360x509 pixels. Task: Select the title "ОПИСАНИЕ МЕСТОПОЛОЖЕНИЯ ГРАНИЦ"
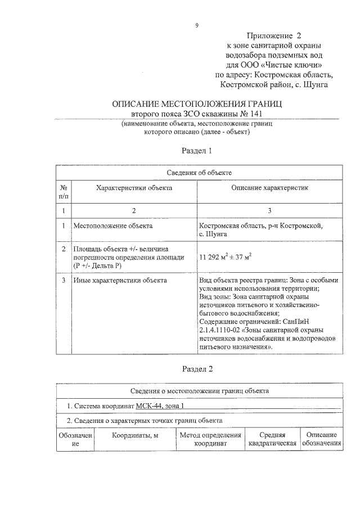tap(197, 104)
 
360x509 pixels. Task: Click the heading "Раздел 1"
tap(197, 151)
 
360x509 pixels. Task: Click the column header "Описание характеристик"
tap(269, 188)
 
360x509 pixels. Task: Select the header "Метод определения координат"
tap(210, 439)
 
